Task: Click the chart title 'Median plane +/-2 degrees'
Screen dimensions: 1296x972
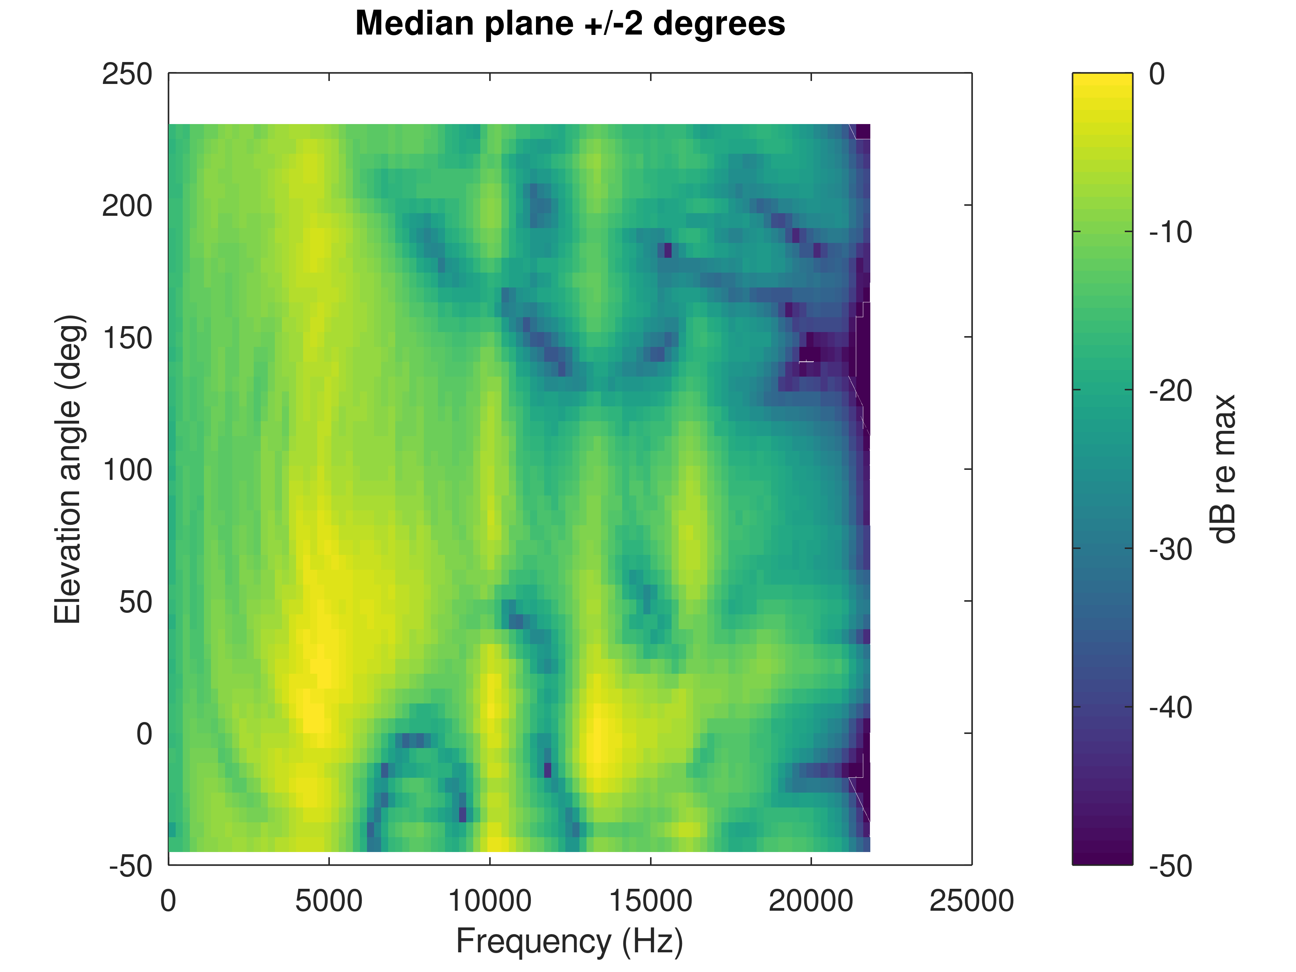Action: (570, 24)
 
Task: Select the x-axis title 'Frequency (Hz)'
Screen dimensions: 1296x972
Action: (569, 942)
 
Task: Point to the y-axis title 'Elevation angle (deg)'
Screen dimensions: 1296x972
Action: (69, 469)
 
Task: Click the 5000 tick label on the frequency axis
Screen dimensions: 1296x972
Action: (329, 901)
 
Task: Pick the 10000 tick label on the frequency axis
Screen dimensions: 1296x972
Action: (490, 901)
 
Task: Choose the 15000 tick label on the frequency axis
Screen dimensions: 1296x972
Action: (650, 901)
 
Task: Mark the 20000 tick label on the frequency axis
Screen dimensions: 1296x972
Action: (811, 901)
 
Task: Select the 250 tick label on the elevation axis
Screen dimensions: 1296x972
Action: (127, 74)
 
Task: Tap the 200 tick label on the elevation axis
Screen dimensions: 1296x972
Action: (127, 206)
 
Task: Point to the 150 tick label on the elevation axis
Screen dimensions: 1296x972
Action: (127, 338)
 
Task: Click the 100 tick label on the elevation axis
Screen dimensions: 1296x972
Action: (127, 470)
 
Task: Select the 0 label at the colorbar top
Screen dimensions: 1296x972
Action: (1157, 74)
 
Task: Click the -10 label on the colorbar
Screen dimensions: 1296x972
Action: (1170, 233)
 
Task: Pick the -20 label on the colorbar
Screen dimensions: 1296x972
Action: (1170, 391)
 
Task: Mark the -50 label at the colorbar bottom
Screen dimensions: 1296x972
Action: (1170, 866)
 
